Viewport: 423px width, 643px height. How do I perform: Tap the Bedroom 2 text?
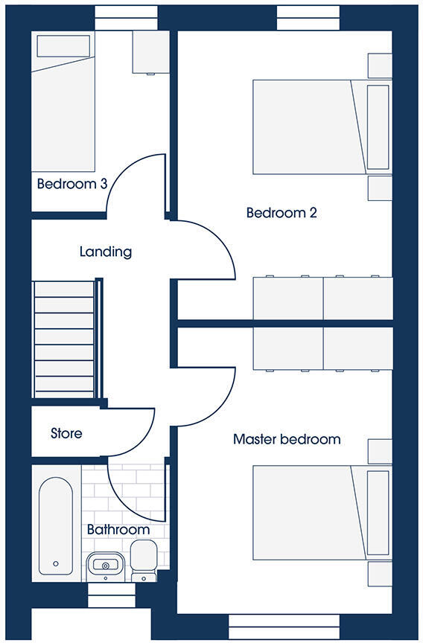[282, 214]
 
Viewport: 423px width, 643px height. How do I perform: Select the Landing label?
[106, 252]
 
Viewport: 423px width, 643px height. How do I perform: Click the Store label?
[66, 432]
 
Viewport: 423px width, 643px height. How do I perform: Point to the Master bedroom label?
[287, 439]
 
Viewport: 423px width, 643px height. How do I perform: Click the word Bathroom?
[118, 530]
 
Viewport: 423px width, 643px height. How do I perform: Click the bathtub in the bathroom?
[56, 525]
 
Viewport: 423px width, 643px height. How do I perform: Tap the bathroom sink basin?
[105, 567]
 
